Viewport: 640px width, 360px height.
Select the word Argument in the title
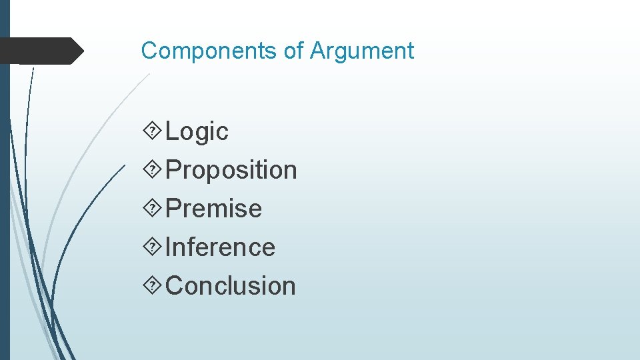(362, 51)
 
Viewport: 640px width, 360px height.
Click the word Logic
(197, 132)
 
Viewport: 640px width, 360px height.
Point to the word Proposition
(231, 171)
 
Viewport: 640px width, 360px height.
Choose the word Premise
(213, 209)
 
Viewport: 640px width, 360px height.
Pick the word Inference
(220, 247)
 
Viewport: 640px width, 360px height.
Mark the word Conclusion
(231, 286)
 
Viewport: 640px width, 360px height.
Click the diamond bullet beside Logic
(153, 131)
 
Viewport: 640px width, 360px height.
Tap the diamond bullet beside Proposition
(153, 170)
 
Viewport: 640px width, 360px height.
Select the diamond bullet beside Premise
(153, 209)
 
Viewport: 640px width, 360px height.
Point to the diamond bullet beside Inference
(153, 247)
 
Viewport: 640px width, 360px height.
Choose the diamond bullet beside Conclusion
(153, 286)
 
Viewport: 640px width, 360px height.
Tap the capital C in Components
(149, 51)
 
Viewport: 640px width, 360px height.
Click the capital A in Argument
(317, 51)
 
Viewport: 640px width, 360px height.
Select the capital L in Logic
(171, 131)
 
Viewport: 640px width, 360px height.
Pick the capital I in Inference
(168, 247)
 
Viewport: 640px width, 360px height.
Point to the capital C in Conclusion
(175, 286)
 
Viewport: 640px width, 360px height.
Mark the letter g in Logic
(204, 134)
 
